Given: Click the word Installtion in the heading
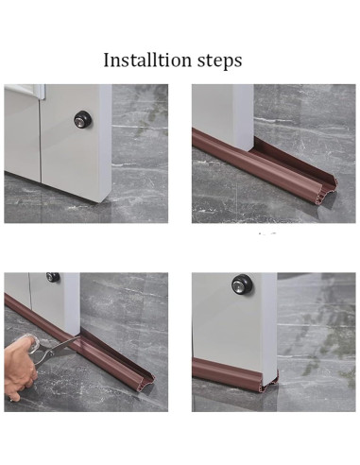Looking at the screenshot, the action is click(147, 60).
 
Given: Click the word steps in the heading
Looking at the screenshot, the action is click(220, 60).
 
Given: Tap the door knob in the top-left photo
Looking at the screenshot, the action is click(82, 119).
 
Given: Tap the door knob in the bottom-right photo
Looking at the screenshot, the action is click(240, 284).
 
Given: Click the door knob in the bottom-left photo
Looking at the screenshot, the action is click(53, 277).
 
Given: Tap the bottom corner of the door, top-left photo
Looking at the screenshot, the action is click(103, 202).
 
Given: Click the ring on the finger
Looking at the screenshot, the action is click(11, 399).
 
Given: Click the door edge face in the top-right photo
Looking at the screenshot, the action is click(243, 117).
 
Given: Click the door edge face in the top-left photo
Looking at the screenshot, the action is click(106, 142).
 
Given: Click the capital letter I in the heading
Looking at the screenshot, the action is click(107, 60).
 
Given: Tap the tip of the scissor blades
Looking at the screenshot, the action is click(80, 337).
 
